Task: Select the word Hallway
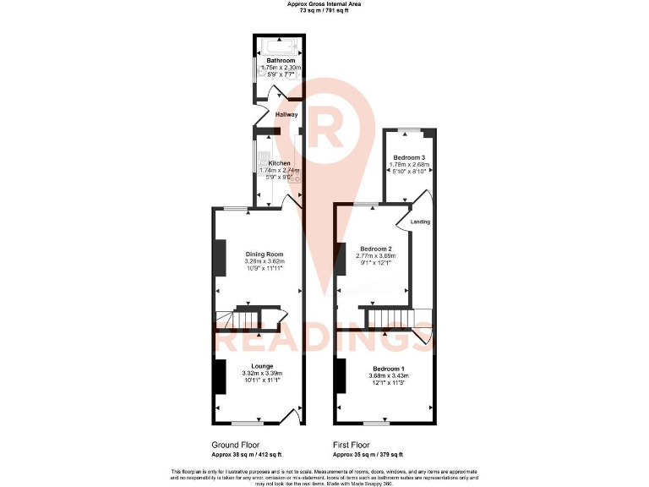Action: pos(287,114)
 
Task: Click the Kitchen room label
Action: pos(280,163)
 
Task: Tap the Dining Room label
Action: pos(264,254)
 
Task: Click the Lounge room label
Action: pos(261,366)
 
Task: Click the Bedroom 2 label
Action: pos(376,249)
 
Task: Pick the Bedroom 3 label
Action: pos(411,157)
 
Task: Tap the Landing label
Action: pos(420,222)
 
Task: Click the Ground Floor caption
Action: pos(235,444)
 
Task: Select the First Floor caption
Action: pos(355,444)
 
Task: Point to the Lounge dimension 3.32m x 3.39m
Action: pos(262,373)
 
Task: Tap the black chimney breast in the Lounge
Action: pos(220,376)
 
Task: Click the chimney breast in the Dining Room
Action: pos(220,258)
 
